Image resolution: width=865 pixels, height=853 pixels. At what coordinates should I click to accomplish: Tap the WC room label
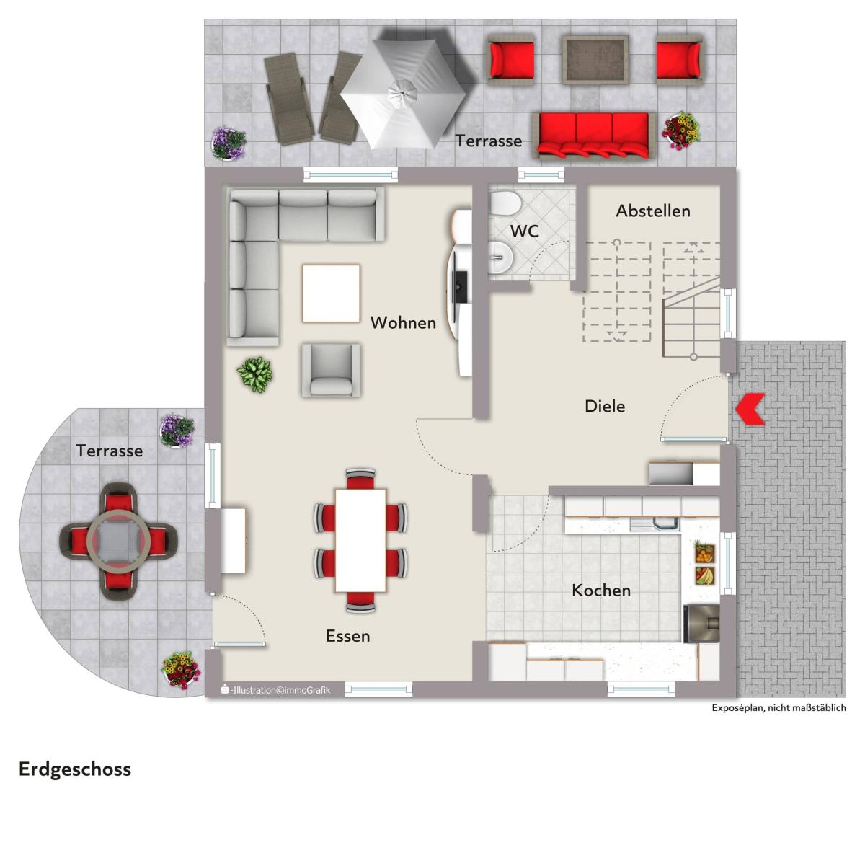pyautogui.click(x=524, y=231)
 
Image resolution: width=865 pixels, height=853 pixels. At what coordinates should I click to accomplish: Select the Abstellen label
pyautogui.click(x=652, y=211)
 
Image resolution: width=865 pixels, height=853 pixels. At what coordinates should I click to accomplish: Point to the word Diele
pyautogui.click(x=605, y=406)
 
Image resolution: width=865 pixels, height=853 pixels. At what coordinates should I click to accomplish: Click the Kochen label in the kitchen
pyautogui.click(x=601, y=591)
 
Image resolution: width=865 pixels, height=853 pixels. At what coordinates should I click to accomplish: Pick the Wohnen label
pyautogui.click(x=403, y=322)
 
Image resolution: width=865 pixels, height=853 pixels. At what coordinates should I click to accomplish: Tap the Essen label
pyautogui.click(x=348, y=636)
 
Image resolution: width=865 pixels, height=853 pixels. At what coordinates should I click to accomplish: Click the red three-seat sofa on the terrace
pyautogui.click(x=594, y=136)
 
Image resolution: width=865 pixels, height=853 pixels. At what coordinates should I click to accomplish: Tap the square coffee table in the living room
pyautogui.click(x=332, y=293)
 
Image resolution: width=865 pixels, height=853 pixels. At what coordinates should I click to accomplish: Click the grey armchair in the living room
pyautogui.click(x=332, y=370)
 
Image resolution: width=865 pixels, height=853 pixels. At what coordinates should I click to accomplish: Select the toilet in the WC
pyautogui.click(x=504, y=203)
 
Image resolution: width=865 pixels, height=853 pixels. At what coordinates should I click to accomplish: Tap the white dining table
pyautogui.click(x=360, y=540)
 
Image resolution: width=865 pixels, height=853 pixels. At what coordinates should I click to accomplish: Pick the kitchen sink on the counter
pyautogui.click(x=656, y=523)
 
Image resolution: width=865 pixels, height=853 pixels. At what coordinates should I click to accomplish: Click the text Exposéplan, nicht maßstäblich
pyautogui.click(x=778, y=708)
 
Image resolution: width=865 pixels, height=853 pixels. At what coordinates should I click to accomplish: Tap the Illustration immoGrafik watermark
pyautogui.click(x=275, y=690)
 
